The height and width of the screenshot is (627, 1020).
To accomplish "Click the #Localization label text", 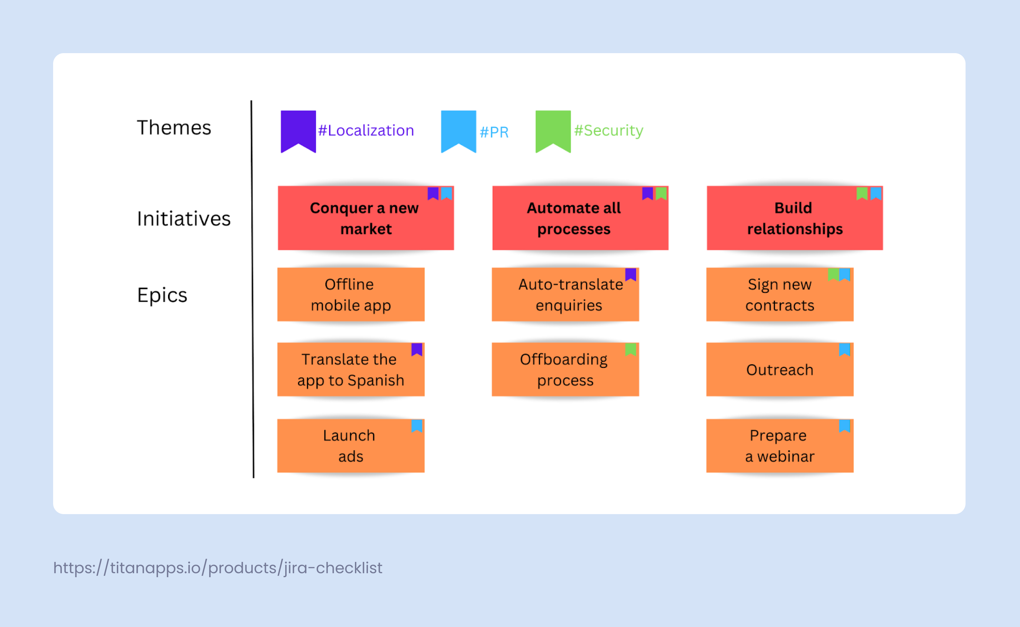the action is [366, 131].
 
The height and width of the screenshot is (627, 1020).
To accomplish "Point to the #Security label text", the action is [608, 131].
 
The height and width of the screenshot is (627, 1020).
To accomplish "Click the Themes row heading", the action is [174, 127].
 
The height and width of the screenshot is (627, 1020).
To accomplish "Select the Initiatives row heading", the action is [184, 219].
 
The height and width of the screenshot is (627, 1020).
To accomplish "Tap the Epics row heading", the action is [162, 295].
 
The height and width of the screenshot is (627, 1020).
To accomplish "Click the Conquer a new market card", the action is [366, 218].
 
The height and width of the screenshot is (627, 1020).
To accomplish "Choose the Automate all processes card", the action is [580, 218].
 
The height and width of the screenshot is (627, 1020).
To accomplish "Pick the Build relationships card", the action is [795, 218].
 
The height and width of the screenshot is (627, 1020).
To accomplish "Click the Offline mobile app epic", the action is [351, 295].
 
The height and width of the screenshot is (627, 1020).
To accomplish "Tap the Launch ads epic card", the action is [351, 446].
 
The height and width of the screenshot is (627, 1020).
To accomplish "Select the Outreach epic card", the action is [780, 370].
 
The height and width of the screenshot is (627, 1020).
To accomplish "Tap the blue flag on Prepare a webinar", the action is [845, 426].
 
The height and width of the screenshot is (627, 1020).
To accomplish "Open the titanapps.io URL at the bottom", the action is [217, 568].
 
